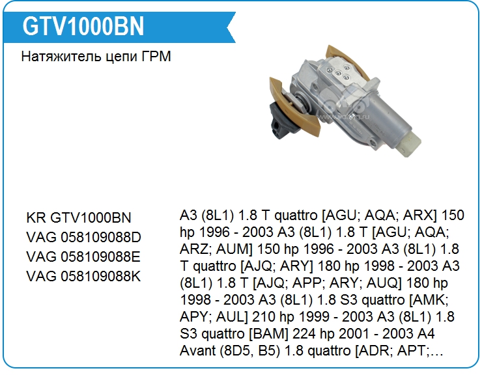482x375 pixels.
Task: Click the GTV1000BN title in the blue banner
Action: point(83,26)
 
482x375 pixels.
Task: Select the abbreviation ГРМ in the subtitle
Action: point(156,57)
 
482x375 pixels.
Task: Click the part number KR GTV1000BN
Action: point(79,217)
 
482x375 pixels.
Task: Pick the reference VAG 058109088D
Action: point(83,237)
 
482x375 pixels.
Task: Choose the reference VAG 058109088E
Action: point(83,257)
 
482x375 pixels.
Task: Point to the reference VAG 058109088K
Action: point(83,276)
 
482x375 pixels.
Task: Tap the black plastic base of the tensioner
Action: point(281,122)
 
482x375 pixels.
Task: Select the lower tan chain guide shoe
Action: point(294,107)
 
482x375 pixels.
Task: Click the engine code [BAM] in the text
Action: point(268,333)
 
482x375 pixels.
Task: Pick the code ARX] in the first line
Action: point(420,215)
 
